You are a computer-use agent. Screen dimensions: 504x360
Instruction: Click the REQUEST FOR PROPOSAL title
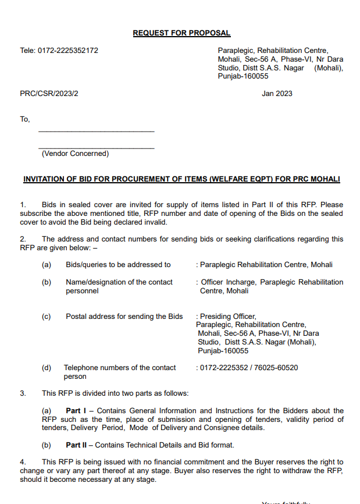click(x=181, y=33)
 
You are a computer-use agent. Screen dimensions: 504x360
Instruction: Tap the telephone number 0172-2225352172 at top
click(x=59, y=51)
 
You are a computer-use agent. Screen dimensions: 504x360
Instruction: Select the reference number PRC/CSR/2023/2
click(x=49, y=94)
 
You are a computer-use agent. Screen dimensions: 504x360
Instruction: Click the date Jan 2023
click(x=277, y=94)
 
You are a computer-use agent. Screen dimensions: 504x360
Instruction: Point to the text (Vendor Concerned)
click(x=74, y=154)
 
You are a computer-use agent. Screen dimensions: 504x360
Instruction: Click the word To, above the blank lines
click(x=25, y=119)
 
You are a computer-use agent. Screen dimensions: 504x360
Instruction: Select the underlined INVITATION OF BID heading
click(x=181, y=179)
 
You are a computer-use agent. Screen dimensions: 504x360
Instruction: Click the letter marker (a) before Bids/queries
click(x=47, y=265)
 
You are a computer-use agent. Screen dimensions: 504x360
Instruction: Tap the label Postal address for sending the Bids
click(x=124, y=317)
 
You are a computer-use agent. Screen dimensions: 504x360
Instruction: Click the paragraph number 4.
click(x=22, y=463)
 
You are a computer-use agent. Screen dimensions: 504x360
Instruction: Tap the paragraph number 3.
click(x=22, y=393)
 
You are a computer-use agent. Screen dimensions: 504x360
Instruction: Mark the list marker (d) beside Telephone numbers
click(x=47, y=368)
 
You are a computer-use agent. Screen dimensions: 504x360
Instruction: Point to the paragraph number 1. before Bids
click(x=23, y=205)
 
